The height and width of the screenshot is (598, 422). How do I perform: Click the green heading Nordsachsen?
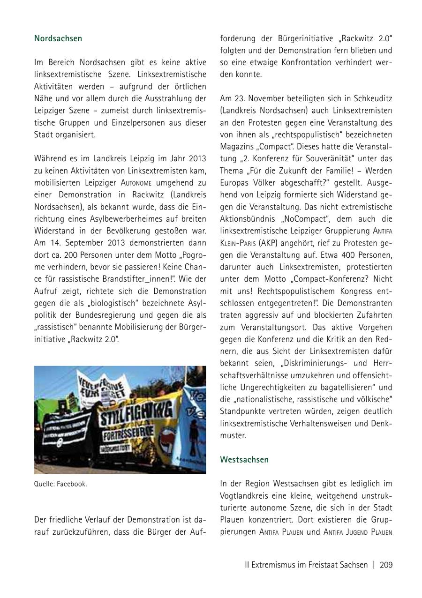(58, 38)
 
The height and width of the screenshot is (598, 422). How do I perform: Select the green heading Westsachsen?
(244, 459)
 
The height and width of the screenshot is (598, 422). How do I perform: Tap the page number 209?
(386, 565)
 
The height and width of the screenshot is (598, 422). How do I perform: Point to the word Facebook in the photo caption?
(71, 484)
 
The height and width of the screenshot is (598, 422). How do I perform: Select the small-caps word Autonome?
(136, 183)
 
